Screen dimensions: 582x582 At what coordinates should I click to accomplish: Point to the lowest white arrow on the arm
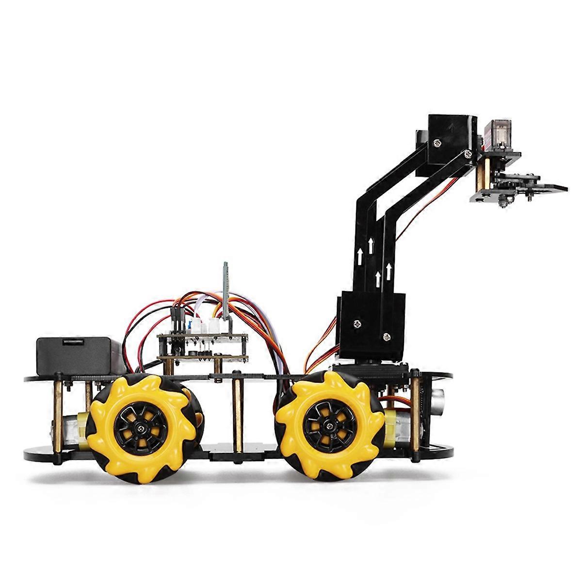[377, 278]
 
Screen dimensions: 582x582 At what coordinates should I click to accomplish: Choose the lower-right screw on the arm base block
[386, 336]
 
